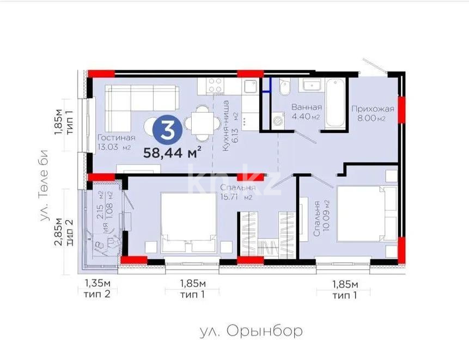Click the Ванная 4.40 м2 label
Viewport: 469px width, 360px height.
coord(306,112)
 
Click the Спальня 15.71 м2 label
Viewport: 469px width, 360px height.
coord(236,192)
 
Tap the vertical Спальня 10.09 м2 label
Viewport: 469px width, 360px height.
coord(321,218)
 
